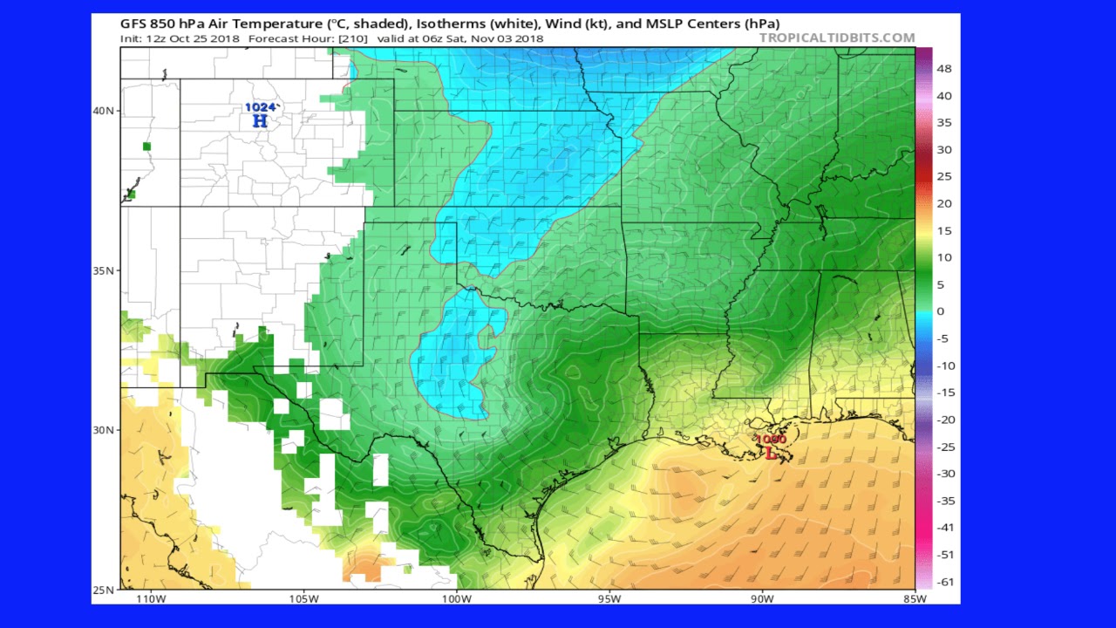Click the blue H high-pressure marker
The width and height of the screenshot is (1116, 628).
click(x=260, y=121)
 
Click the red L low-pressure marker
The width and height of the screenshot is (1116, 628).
click(x=771, y=453)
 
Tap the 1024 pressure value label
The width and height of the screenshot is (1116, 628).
click(x=260, y=107)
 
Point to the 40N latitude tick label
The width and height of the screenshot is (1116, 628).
click(x=105, y=111)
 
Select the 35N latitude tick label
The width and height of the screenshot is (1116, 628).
click(x=105, y=270)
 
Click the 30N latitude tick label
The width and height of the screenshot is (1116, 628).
click(x=105, y=430)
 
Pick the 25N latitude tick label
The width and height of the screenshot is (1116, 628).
click(x=105, y=590)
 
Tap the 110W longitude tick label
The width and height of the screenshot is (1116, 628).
click(x=150, y=599)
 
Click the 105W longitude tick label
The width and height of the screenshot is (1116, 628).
click(x=303, y=599)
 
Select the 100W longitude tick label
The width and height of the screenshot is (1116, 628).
click(x=456, y=599)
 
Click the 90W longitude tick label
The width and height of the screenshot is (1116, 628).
click(x=762, y=599)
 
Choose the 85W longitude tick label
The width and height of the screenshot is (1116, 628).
click(x=915, y=599)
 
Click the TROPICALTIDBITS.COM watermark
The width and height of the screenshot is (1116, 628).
click(x=837, y=38)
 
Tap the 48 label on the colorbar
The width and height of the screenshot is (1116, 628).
click(x=944, y=69)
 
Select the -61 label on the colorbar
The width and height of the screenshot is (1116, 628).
click(x=944, y=582)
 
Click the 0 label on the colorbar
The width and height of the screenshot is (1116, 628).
click(x=940, y=311)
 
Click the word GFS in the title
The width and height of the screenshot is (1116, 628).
click(x=133, y=24)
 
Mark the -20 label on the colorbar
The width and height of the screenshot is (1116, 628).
click(x=944, y=420)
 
